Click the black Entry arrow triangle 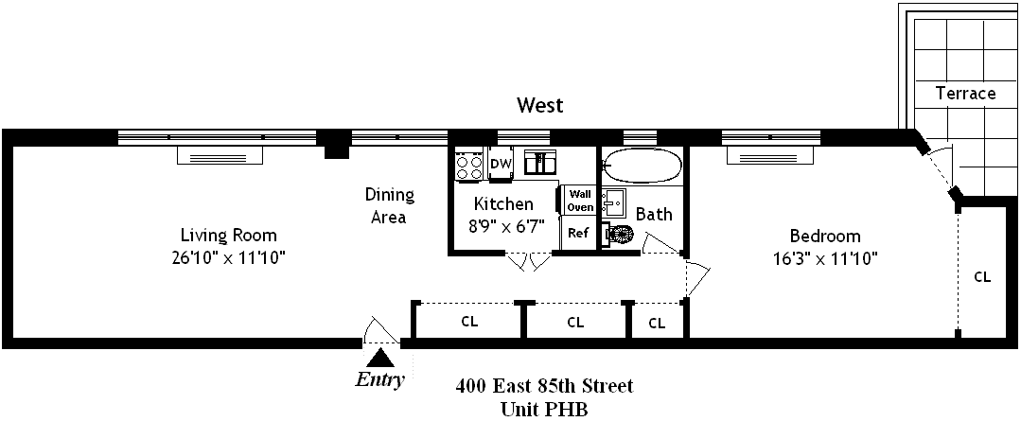tap(380, 358)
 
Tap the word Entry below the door tap(379, 381)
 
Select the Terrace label tap(965, 93)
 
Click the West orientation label tap(539, 105)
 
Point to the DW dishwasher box tap(501, 165)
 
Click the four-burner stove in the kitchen tap(469, 165)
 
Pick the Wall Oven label tap(579, 200)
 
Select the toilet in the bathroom tap(621, 236)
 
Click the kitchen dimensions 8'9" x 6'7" tap(503, 226)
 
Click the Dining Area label tap(389, 206)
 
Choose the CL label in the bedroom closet tap(982, 277)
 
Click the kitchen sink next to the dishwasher tap(540, 163)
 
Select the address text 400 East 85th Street tap(544, 386)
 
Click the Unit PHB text tap(545, 410)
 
